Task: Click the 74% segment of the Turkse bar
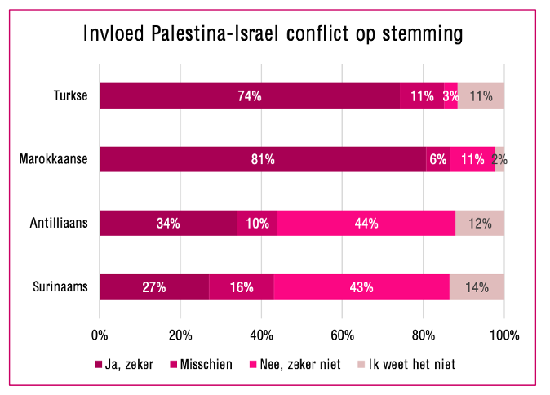250,95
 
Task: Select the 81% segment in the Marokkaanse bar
263,159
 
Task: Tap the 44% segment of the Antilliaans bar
366,223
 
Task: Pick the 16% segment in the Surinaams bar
242,287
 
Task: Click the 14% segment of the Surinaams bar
477,287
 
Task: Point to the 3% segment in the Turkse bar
450,95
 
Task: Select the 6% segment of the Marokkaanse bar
438,159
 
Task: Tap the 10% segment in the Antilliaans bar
257,223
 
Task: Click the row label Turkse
70,95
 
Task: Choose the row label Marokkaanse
53,159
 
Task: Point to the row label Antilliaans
59,223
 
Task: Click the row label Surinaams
60,286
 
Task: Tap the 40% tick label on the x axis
261,335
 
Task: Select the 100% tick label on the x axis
504,335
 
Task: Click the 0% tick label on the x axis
100,335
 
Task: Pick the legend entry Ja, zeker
125,365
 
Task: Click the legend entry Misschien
202,365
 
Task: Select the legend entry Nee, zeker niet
295,365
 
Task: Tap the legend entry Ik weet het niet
406,365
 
